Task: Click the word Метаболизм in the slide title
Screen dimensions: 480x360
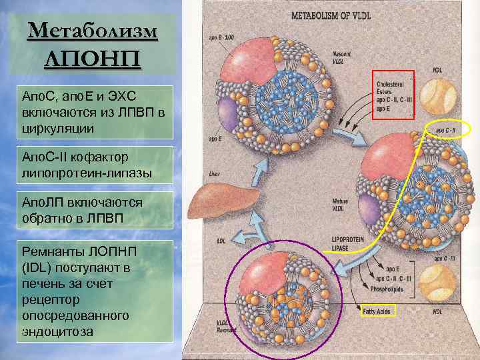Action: pyautogui.click(x=93, y=31)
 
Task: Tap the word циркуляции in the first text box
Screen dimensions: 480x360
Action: pyautogui.click(x=57, y=127)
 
